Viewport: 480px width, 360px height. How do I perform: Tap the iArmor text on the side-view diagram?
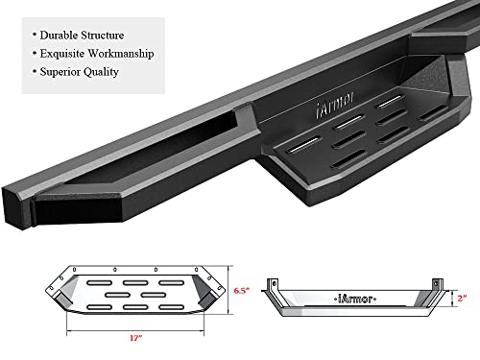tap(354, 296)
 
